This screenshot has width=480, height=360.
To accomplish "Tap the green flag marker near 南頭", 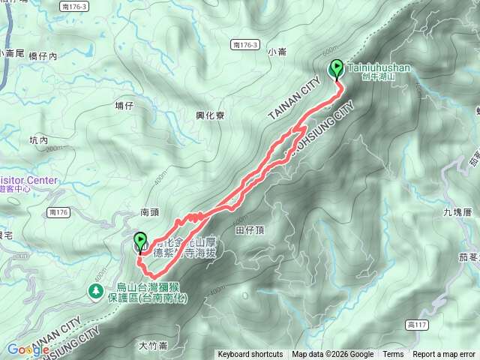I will (140, 242).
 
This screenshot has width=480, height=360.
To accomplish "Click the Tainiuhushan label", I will (379, 67).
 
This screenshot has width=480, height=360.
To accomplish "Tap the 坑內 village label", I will (38, 140).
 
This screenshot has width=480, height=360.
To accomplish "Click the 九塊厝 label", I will (457, 212).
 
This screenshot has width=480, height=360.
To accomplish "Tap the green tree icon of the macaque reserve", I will (96, 290).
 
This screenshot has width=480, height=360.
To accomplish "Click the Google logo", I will (28, 349).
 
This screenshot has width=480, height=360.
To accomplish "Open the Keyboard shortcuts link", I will (250, 355).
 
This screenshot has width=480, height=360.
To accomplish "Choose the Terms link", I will (393, 355).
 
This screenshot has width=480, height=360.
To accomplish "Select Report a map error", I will (444, 355).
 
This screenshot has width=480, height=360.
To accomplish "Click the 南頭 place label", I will (150, 213).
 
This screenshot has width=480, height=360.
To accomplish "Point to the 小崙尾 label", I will (13, 53).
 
